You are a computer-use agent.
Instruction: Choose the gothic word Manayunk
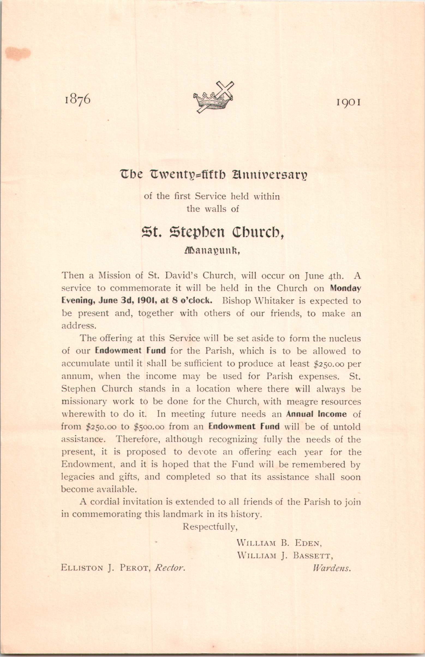coord(211,251)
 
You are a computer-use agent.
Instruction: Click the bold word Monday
coord(346,288)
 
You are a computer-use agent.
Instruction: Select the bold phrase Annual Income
coord(316,414)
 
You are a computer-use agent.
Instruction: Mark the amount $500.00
coord(149,427)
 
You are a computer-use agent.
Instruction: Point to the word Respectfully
coord(210,527)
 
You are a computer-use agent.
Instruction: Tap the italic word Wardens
coord(332,568)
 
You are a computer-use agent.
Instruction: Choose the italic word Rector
coord(170,568)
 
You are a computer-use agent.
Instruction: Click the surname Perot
coord(134,568)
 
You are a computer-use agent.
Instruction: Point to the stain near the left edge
coord(17,54)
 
